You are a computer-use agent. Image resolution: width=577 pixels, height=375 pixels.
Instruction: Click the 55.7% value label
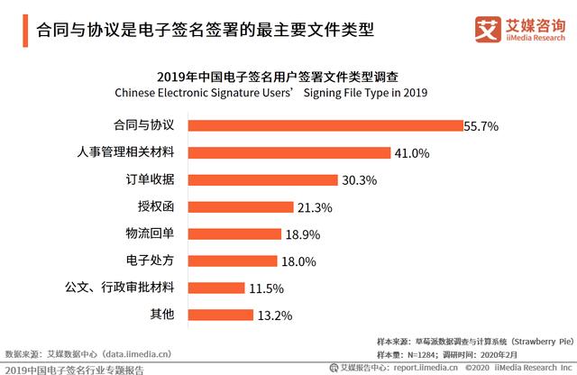[x=481, y=126]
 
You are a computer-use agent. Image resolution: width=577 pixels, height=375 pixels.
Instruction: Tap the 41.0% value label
[x=411, y=153]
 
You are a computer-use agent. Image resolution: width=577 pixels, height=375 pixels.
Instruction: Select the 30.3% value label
[x=358, y=180]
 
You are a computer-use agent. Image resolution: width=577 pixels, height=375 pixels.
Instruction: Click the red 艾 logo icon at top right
[x=489, y=29]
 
